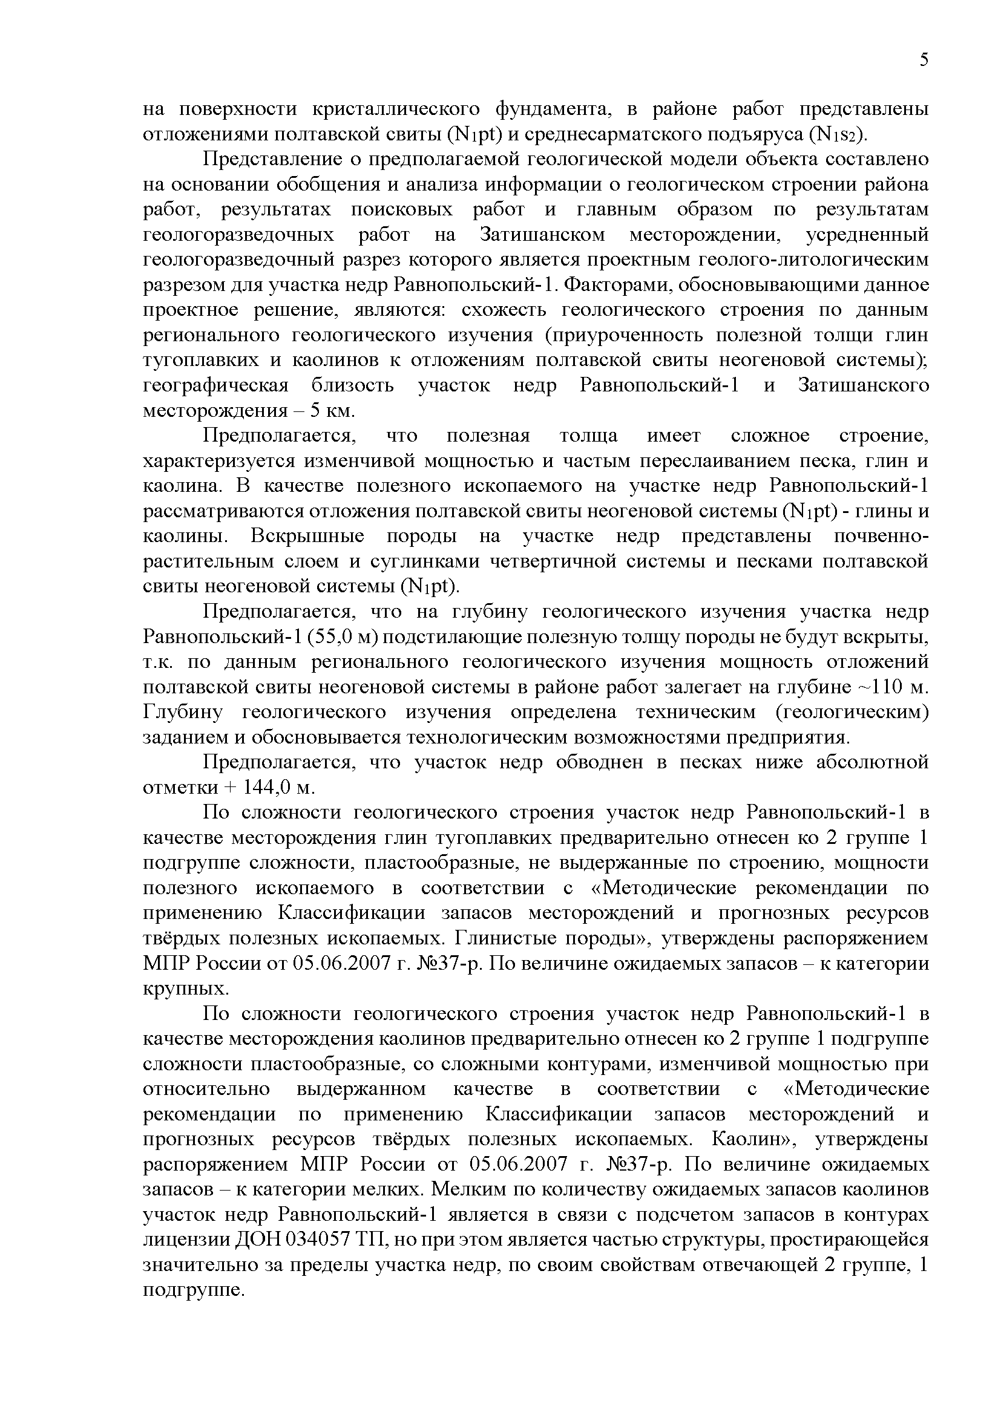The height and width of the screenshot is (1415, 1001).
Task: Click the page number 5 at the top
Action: (924, 60)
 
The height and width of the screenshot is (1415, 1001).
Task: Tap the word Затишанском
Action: (542, 235)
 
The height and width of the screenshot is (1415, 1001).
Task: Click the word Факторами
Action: (614, 286)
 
